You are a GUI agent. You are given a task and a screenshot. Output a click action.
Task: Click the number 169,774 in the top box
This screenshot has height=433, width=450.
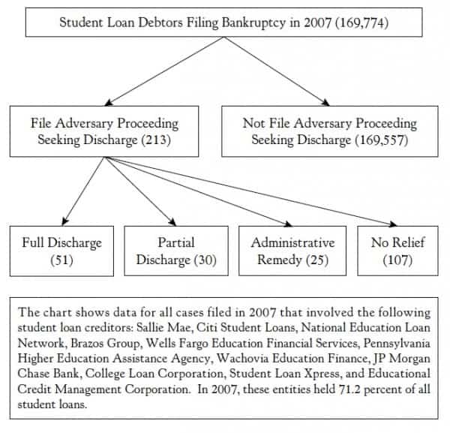coord(362,23)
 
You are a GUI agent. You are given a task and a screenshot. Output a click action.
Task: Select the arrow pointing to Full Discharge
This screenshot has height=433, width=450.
coord(84,191)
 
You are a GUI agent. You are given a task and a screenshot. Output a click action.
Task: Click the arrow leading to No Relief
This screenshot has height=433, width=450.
coord(251,191)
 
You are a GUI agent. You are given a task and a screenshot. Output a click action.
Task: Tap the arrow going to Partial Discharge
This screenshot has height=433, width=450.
coord(141,191)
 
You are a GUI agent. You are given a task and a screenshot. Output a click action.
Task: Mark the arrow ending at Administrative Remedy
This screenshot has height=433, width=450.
coord(199,191)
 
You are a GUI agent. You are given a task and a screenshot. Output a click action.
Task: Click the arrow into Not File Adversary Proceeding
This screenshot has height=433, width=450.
coord(277,71)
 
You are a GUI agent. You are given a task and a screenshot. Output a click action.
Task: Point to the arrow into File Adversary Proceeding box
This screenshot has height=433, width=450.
coord(164,71)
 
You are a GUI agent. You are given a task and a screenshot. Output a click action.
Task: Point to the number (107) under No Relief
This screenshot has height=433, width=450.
coord(397,260)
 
